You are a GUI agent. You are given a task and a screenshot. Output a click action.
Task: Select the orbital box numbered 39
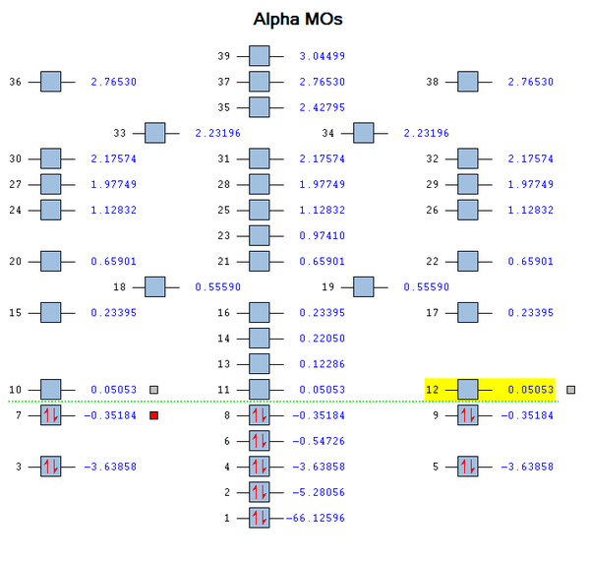click(259, 56)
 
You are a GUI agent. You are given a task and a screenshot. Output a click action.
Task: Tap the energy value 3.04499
click(323, 56)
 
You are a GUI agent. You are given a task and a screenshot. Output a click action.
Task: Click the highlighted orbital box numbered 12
click(468, 390)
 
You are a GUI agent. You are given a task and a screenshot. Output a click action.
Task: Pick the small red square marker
click(153, 415)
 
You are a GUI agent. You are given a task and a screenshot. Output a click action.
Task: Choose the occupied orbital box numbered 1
click(259, 518)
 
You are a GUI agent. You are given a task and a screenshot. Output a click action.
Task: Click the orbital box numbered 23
click(259, 235)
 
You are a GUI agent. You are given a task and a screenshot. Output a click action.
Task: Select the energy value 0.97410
click(323, 235)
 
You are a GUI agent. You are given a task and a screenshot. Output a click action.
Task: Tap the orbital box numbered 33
click(154, 133)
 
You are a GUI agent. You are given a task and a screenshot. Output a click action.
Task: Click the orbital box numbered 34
click(363, 133)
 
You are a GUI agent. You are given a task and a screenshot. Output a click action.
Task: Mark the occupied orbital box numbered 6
click(259, 441)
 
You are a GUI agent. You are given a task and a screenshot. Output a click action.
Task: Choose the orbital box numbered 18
click(154, 286)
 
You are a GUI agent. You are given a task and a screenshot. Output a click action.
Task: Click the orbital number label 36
click(15, 82)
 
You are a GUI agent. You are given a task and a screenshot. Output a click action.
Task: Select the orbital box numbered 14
click(259, 339)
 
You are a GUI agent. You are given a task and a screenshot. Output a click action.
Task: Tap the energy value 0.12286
click(323, 364)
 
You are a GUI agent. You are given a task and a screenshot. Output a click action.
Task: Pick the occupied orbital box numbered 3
click(50, 467)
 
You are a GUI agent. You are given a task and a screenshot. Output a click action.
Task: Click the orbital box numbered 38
click(468, 82)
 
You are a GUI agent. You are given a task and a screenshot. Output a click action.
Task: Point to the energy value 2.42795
click(323, 107)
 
